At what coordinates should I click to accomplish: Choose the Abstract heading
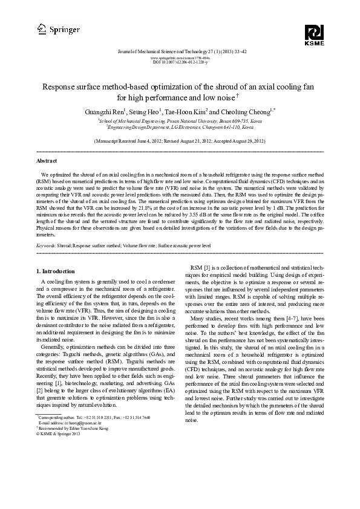47,161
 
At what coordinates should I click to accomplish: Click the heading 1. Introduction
56,271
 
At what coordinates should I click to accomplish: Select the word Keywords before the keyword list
47,246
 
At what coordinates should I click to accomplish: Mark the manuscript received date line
180,141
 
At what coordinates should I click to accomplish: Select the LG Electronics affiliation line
180,128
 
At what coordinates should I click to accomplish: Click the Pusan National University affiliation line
180,121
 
